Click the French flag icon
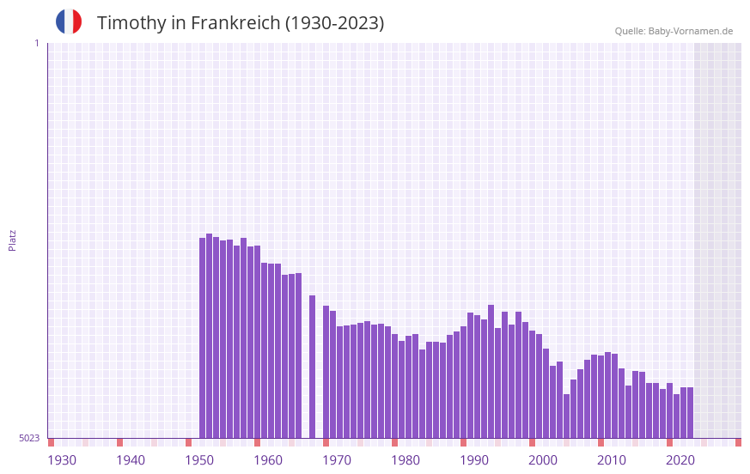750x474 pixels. point(69,21)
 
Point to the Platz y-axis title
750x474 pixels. point(12,240)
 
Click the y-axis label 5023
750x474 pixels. point(29,438)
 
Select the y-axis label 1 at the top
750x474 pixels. point(36,43)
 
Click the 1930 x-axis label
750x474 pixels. point(62,460)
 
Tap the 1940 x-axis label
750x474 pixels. point(131,460)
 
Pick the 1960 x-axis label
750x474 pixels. point(268,460)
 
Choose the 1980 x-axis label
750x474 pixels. point(405,460)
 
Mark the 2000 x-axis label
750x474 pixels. point(543,460)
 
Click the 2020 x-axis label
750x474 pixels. point(680,460)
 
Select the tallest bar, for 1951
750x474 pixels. point(210,335)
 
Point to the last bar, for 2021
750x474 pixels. point(690,412)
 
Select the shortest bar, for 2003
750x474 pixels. point(567,416)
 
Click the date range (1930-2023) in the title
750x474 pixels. point(334,23)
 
